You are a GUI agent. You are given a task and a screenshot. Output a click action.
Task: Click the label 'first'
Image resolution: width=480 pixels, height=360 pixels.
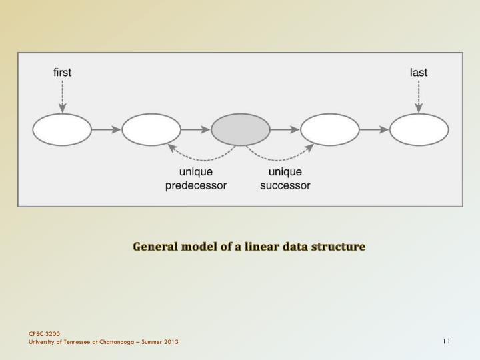coord(62,73)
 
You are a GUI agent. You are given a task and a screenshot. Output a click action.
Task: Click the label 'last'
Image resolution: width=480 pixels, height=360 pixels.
coord(419,73)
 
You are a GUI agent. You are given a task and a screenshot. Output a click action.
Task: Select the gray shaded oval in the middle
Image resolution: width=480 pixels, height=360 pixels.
coord(241,129)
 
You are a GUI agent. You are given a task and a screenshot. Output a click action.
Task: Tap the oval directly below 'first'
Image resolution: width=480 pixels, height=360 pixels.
coord(62,129)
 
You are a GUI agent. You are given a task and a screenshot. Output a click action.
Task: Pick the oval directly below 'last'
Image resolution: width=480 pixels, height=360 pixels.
coord(419,129)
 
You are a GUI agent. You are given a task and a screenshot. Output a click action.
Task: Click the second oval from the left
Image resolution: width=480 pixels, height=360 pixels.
coord(151,129)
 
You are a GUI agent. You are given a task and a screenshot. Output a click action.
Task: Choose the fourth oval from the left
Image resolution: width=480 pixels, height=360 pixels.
coord(330,129)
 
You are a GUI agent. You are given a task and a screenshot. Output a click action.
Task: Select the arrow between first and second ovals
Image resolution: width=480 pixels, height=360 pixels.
coord(107,129)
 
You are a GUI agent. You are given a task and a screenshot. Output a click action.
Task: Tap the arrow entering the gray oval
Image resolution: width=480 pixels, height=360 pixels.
coord(196,129)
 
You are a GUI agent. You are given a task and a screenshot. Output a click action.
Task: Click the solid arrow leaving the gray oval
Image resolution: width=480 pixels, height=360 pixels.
coord(285,129)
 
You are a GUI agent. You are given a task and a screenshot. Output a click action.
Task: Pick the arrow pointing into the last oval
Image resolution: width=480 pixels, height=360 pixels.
coord(375,129)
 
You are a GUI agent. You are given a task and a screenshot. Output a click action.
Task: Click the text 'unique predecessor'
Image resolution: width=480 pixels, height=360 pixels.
coord(196,179)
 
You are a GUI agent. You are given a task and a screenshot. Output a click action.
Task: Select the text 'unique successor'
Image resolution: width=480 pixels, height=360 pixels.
coord(285,179)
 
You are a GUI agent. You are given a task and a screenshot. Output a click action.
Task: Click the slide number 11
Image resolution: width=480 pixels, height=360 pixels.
coord(446,342)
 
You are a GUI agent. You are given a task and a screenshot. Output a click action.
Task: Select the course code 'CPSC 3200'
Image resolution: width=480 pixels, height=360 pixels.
coord(44,333)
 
